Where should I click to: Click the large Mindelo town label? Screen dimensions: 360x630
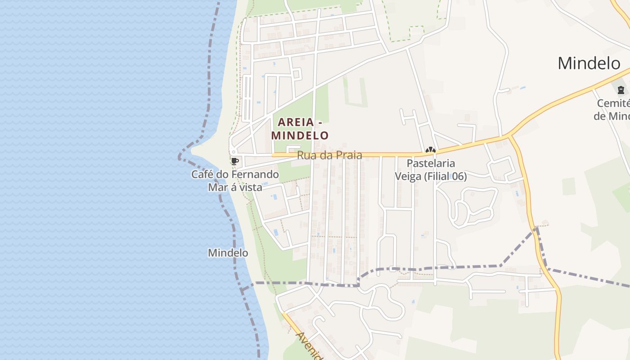(589, 63)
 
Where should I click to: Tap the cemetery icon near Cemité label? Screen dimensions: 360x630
(621, 90)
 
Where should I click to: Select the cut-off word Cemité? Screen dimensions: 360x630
(613, 103)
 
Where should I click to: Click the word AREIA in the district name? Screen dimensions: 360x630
(295, 122)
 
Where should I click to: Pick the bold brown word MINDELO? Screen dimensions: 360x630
(300, 135)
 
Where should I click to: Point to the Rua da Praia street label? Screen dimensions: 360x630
(329, 155)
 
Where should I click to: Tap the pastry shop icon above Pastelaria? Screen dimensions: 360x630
(430, 150)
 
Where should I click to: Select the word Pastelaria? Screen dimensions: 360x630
(431, 163)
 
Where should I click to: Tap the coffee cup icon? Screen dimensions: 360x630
(234, 161)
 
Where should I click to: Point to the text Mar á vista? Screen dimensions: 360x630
(235, 187)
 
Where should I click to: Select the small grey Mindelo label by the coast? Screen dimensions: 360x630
(228, 253)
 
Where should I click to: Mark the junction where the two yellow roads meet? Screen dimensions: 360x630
(509, 135)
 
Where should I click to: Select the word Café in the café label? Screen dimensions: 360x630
(203, 174)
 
